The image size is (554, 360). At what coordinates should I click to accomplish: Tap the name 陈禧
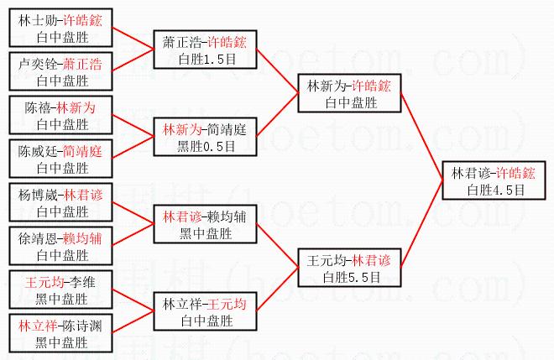[35, 108]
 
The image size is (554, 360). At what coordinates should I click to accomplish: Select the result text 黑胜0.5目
[205, 144]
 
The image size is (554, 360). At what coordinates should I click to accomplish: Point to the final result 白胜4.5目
[496, 190]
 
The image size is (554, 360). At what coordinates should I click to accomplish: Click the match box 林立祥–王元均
[205, 310]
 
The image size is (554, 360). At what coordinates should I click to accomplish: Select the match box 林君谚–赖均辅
[205, 223]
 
